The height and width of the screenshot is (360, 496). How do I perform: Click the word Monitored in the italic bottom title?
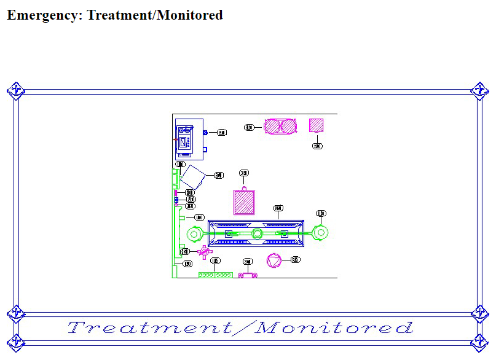(x=335, y=327)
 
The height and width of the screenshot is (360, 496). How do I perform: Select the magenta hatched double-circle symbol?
(x=280, y=126)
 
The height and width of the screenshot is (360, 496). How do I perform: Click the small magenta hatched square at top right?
(x=317, y=125)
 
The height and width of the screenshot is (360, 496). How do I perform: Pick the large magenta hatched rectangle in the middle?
(x=244, y=202)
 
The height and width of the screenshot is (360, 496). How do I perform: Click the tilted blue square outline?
(x=192, y=177)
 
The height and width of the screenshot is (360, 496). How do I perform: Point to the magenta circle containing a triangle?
(x=274, y=260)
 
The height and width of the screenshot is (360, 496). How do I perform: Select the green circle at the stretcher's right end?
(x=320, y=233)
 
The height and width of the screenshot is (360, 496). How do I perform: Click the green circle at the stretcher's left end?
(x=194, y=233)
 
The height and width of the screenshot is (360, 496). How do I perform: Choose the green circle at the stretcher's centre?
(x=257, y=233)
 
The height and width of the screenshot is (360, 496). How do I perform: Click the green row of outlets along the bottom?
(x=215, y=275)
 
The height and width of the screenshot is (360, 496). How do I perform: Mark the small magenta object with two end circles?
(x=248, y=275)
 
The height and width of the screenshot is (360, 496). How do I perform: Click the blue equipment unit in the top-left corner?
(x=188, y=139)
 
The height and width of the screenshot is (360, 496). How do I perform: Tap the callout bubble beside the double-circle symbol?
(x=249, y=128)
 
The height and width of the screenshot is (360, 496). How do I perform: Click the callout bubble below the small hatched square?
(x=317, y=146)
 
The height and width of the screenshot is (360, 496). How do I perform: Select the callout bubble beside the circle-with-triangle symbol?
(x=296, y=259)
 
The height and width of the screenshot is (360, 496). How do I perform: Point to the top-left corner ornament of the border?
(x=16, y=90)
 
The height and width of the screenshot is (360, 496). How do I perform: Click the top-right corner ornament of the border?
(x=479, y=90)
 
